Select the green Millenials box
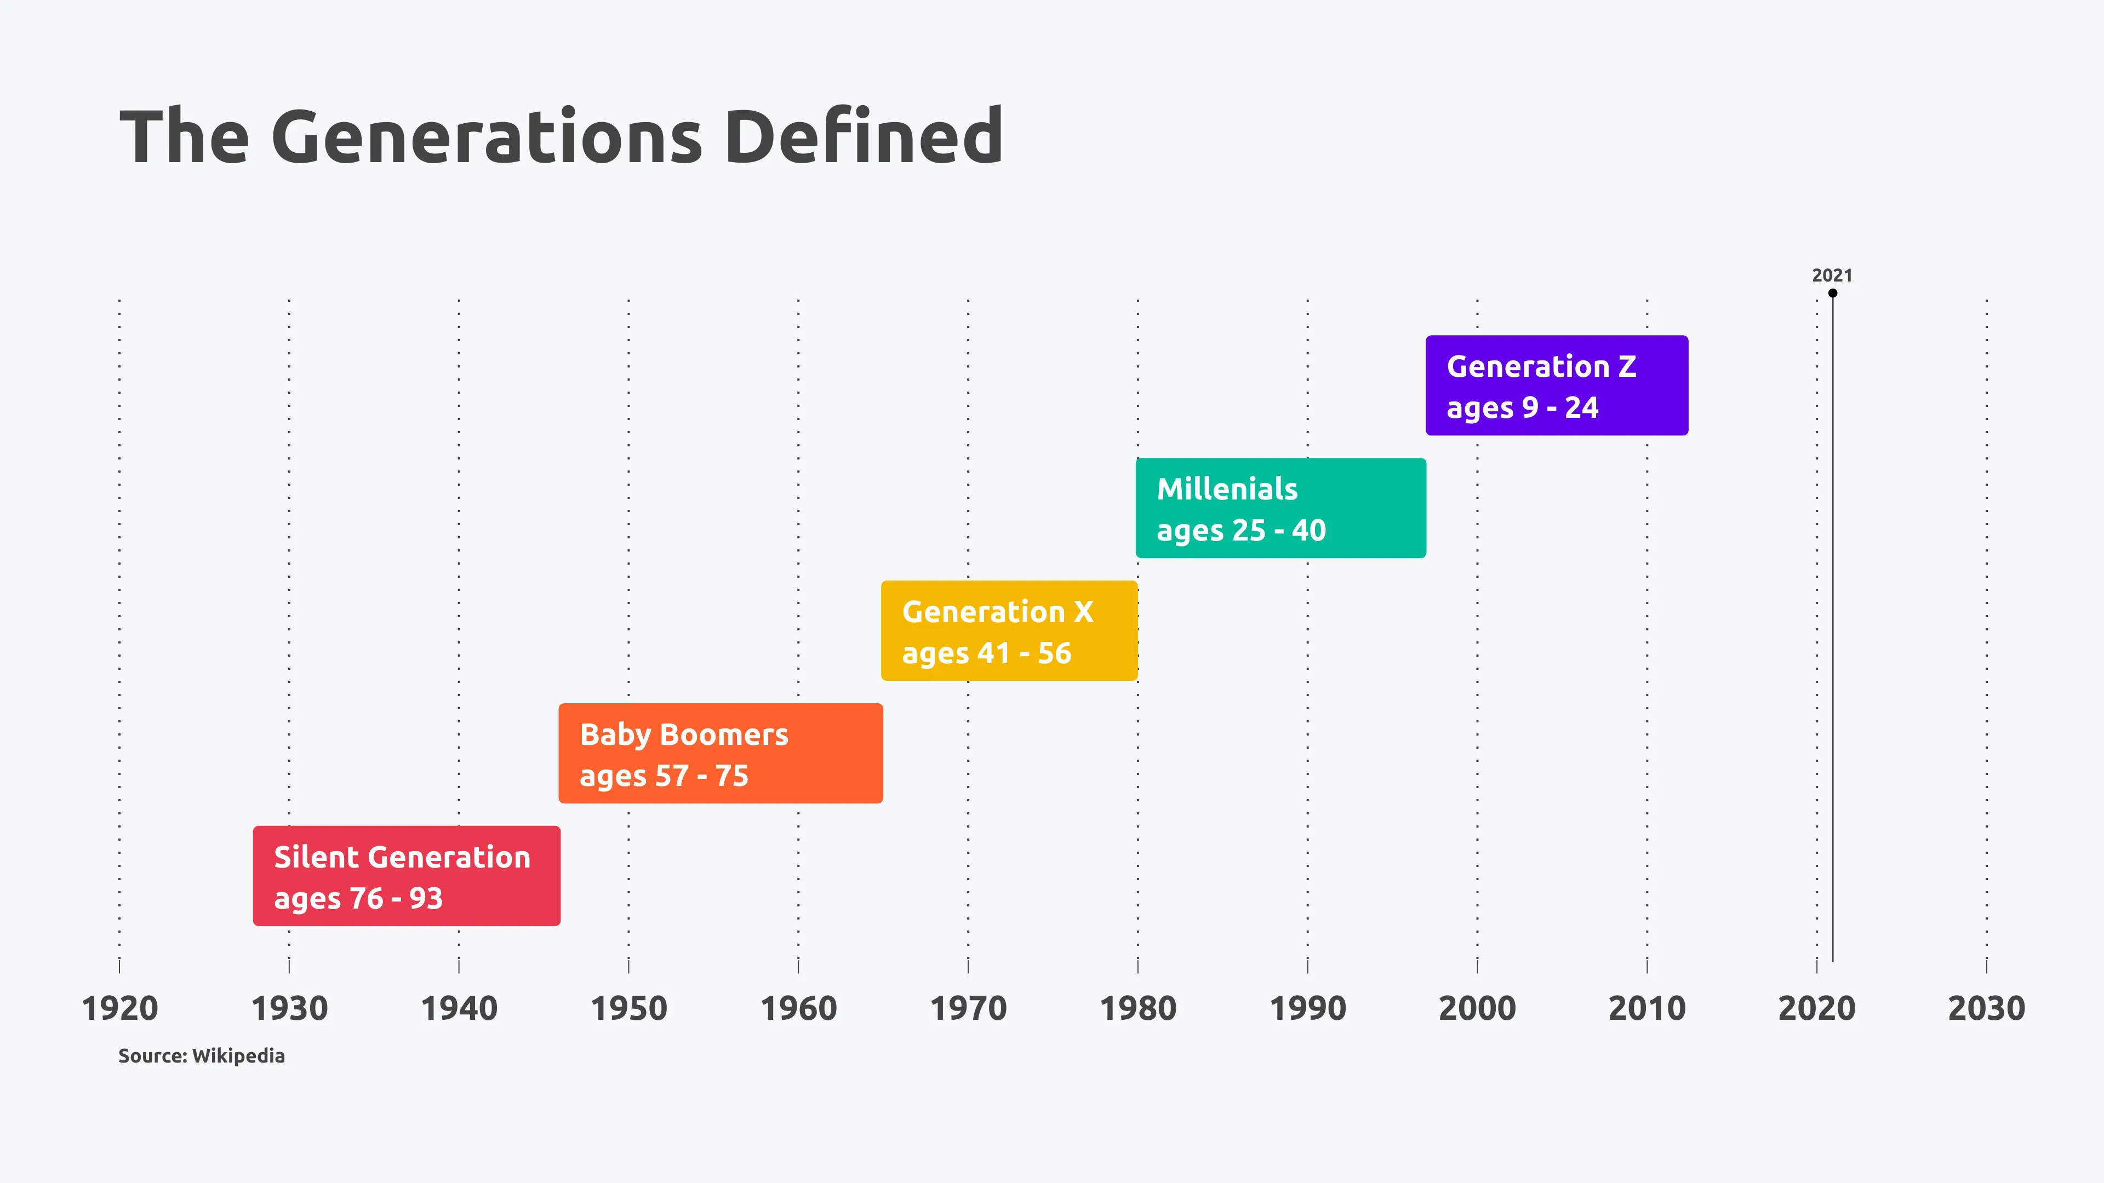click(x=1280, y=508)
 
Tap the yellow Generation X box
click(x=1009, y=630)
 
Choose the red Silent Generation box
click(x=406, y=875)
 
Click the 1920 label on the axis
click(x=119, y=1008)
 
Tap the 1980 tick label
click(x=1138, y=1008)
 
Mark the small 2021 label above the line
click(x=1832, y=275)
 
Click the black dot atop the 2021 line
click(x=1832, y=293)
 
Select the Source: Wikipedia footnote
click(x=201, y=1055)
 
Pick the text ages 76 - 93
click(x=358, y=898)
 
